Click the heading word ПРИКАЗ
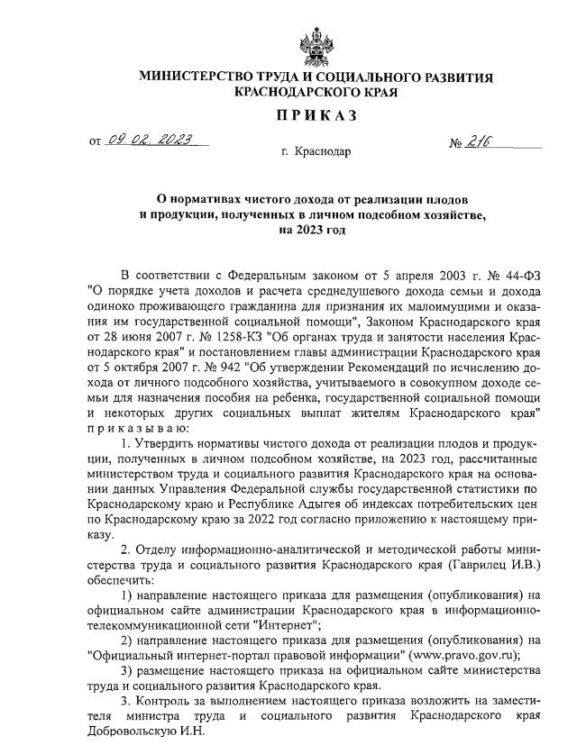(x=316, y=114)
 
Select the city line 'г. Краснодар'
(x=316, y=151)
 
